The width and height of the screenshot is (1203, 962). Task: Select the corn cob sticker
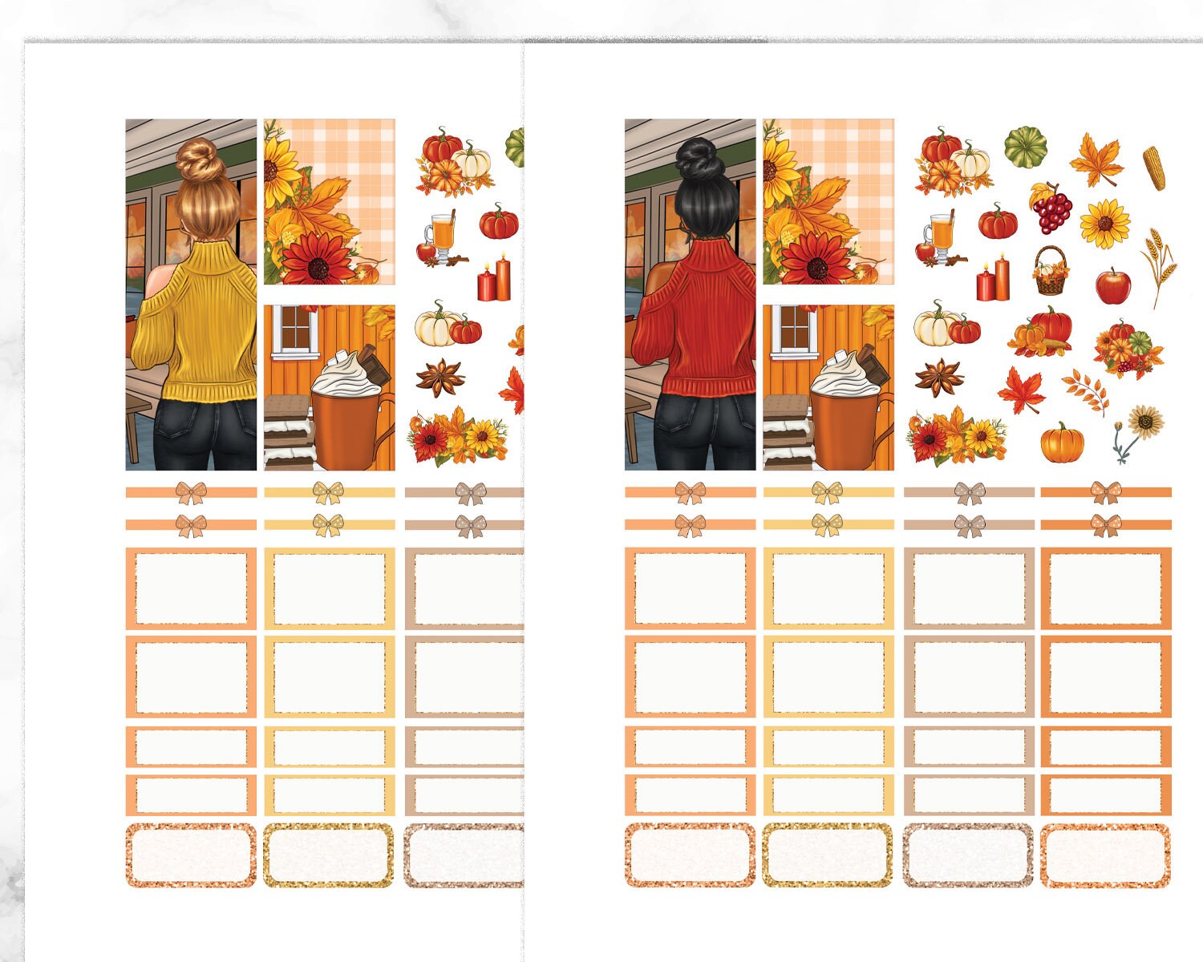tap(1154, 168)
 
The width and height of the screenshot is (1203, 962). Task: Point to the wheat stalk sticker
tap(1159, 265)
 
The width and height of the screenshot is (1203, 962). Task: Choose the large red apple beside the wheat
tap(1113, 285)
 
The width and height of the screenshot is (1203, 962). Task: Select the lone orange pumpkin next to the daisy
tap(1062, 443)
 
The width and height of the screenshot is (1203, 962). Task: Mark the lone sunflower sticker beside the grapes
tap(1104, 224)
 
